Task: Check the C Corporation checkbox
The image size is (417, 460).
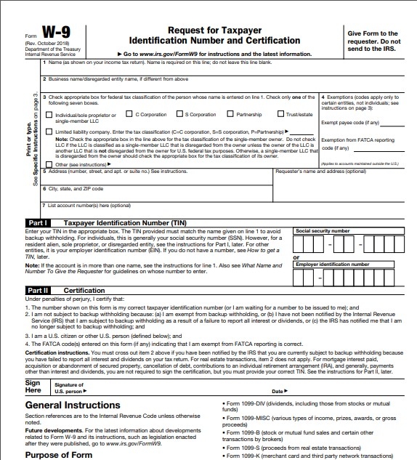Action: pos(130,114)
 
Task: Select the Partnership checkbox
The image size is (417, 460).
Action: pos(230,114)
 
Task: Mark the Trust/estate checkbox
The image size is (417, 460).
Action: pos(281,114)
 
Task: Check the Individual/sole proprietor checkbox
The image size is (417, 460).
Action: pos(49,115)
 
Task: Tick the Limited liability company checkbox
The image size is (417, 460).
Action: pos(49,132)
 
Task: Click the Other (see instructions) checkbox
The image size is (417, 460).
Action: pos(49,164)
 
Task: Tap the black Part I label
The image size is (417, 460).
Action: pos(38,222)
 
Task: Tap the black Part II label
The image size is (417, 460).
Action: pos(39,290)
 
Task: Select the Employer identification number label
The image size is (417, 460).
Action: pos(332,265)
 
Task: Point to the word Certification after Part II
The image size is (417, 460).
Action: pos(84,290)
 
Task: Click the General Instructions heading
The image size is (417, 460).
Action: pos(73,405)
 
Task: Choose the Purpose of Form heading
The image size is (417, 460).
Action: pos(59,454)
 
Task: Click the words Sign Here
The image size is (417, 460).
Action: pos(33,386)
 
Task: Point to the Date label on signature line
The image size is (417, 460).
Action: pos(277,391)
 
